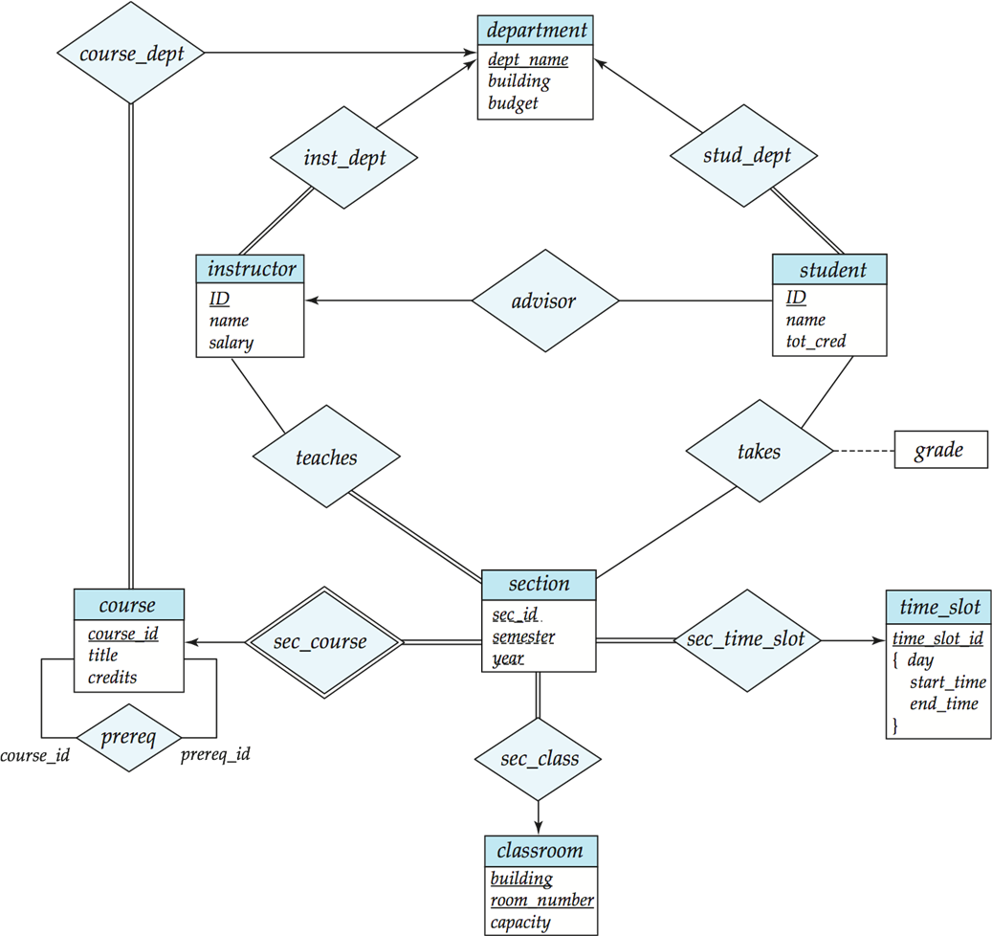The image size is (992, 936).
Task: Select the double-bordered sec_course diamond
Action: pos(324,642)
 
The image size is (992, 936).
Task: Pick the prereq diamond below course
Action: pos(128,738)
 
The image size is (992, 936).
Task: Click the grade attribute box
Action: pos(939,450)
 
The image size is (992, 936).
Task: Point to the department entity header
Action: pos(536,30)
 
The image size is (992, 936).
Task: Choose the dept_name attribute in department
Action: pos(527,59)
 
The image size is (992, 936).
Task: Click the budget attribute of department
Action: pos(513,103)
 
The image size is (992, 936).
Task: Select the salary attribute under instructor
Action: pos(231,342)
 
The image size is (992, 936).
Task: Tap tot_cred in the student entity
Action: pos(816,341)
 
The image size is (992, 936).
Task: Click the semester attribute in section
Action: pos(523,636)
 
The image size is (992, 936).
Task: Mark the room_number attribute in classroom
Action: pos(541,900)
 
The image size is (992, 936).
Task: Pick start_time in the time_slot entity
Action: pos(947,682)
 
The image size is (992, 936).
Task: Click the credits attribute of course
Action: pos(112,677)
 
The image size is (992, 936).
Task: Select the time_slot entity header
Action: pos(939,607)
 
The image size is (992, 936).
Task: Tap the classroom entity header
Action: pos(540,850)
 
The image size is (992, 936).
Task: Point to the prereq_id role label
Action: pos(216,754)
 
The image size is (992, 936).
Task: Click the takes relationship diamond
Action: pos(759,452)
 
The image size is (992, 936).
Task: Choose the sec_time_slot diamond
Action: pos(747,639)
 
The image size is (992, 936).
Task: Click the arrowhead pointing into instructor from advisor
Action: pos(311,301)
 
